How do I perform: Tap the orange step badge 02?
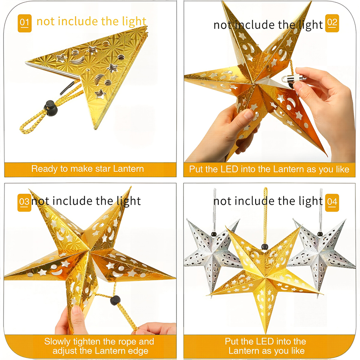coord(332,23)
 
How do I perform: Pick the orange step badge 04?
coord(332,202)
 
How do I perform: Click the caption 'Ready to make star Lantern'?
coord(88,169)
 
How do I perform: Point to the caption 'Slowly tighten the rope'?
coord(99,342)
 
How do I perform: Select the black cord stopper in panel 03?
coord(115,301)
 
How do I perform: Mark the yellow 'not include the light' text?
coord(91,21)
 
